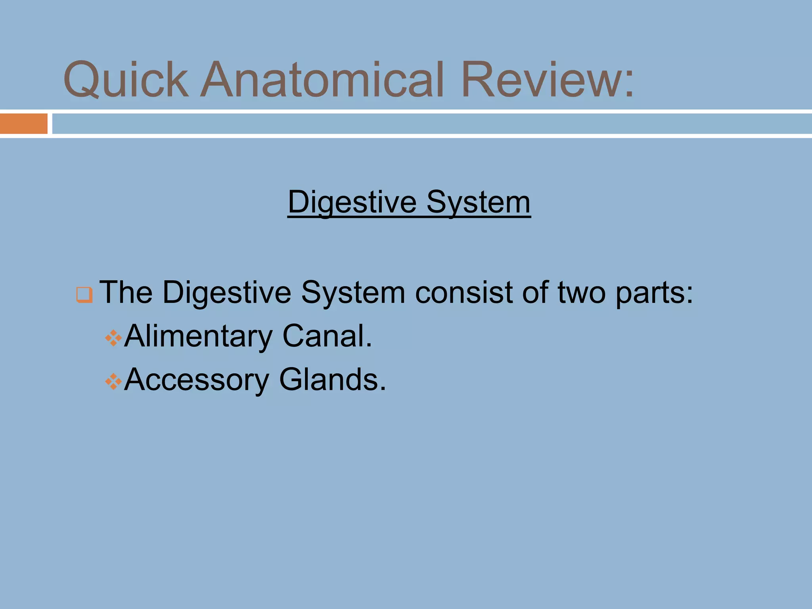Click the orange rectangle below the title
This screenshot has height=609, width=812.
[24, 124]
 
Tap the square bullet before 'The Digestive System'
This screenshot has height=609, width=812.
[84, 295]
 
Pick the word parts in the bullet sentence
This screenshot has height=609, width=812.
[650, 293]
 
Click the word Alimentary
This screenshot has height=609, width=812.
[198, 337]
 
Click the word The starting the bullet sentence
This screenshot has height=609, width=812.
[126, 293]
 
